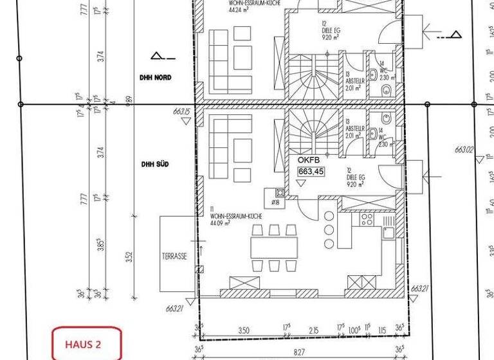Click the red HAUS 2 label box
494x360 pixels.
pos(86,343)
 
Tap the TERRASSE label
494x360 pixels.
pos(174,256)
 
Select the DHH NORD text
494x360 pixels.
pos(156,77)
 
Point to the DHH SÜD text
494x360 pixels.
pos(155,164)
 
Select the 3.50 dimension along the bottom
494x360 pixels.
pos(244,330)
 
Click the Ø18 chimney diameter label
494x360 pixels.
pos(275,203)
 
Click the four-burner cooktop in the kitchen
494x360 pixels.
pos(367,219)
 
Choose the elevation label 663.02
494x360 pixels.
pos(464,150)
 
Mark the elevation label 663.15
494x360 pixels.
pos(182,112)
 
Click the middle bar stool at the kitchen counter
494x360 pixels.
pos(329,230)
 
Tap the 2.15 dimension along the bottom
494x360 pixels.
pos(313,330)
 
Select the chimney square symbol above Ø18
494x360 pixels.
pos(280,192)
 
